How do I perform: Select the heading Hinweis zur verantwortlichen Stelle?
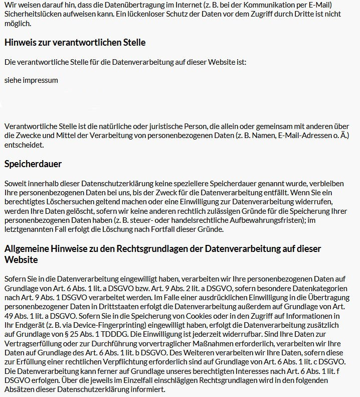point(75,43)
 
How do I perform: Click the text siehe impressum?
point(31,80)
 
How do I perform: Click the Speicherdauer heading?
point(33,164)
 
